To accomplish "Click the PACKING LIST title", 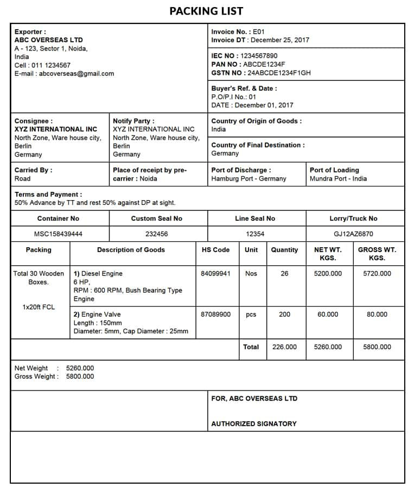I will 206,11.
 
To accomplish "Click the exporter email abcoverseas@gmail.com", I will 75,74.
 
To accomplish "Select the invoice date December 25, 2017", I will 280,40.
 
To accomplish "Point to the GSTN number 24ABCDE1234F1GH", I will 279,73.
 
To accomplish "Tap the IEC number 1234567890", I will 258,56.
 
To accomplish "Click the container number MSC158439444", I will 58,234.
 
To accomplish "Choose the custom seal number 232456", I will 157,234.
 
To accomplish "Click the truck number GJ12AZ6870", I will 353,234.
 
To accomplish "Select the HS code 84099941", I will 215,274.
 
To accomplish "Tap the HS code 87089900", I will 215,314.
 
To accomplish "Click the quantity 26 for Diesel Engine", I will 284,274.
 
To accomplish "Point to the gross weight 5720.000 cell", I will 377,274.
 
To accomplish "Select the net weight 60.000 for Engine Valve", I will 328,314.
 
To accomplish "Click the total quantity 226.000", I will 284,347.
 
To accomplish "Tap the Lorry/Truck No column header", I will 353,219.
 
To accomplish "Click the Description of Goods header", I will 131,250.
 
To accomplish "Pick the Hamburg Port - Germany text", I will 249,179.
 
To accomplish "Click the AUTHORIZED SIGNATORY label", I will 254,424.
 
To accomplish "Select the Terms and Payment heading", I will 48,194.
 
